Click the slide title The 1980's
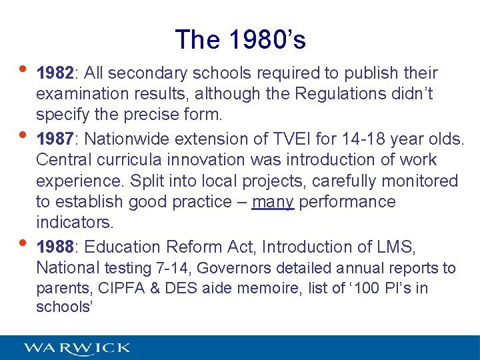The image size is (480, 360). tap(240, 40)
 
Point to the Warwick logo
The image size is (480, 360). tap(77, 348)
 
